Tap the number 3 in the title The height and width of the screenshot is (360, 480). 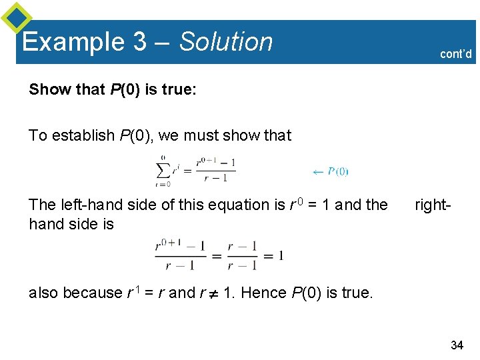point(139,42)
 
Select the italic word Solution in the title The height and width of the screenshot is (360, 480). point(226,42)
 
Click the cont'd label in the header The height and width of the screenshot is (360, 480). point(456,54)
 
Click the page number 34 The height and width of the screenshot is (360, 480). point(457,345)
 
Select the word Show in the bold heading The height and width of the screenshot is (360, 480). point(47,89)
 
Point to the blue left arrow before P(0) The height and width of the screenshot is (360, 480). point(318,171)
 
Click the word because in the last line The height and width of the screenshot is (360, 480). point(92,293)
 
